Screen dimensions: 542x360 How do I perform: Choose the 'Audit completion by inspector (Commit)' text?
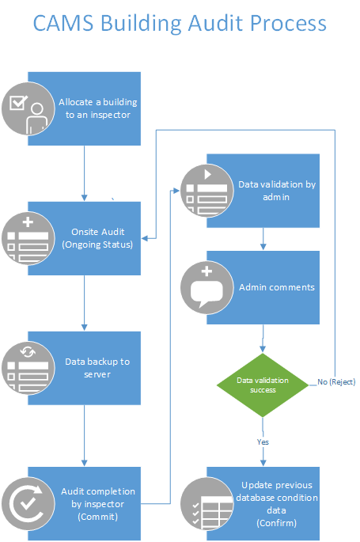[97, 503]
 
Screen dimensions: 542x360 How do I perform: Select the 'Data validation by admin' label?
[276, 191]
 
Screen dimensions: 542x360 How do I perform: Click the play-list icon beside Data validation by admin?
[207, 191]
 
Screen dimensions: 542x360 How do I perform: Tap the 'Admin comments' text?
[276, 287]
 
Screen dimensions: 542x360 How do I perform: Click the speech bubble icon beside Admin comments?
[207, 287]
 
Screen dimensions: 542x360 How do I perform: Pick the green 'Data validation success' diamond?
[263, 385]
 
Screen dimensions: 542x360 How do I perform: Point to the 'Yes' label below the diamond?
[263, 441]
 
